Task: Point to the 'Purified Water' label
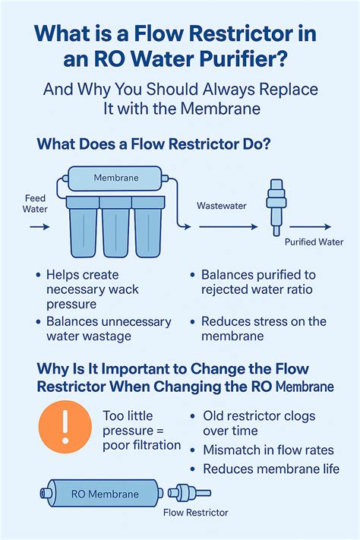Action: click(314, 242)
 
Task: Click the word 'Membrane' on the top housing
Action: click(115, 177)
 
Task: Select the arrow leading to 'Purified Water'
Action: click(310, 226)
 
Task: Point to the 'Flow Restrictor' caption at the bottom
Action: click(195, 513)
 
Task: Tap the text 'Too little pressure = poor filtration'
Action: click(140, 430)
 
